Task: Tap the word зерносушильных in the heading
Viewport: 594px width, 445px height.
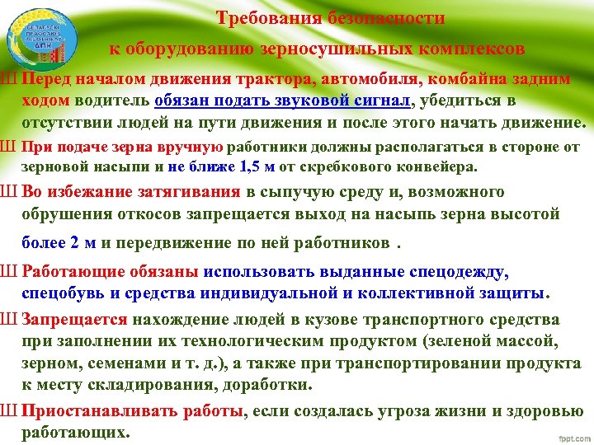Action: coord(351,49)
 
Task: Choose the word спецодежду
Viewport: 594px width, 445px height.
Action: coord(463,272)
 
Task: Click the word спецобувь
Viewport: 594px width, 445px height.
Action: coord(62,292)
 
